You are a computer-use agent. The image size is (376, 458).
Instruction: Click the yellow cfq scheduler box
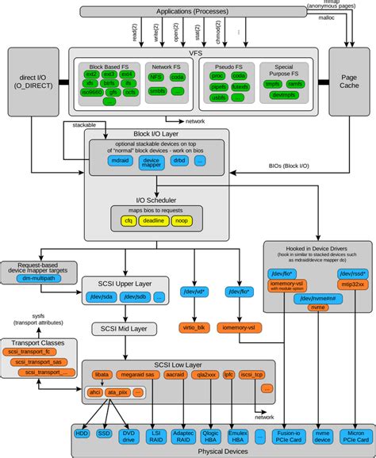(126, 221)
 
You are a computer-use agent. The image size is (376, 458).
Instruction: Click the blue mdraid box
(122, 161)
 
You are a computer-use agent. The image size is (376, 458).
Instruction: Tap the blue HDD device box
(82, 434)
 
